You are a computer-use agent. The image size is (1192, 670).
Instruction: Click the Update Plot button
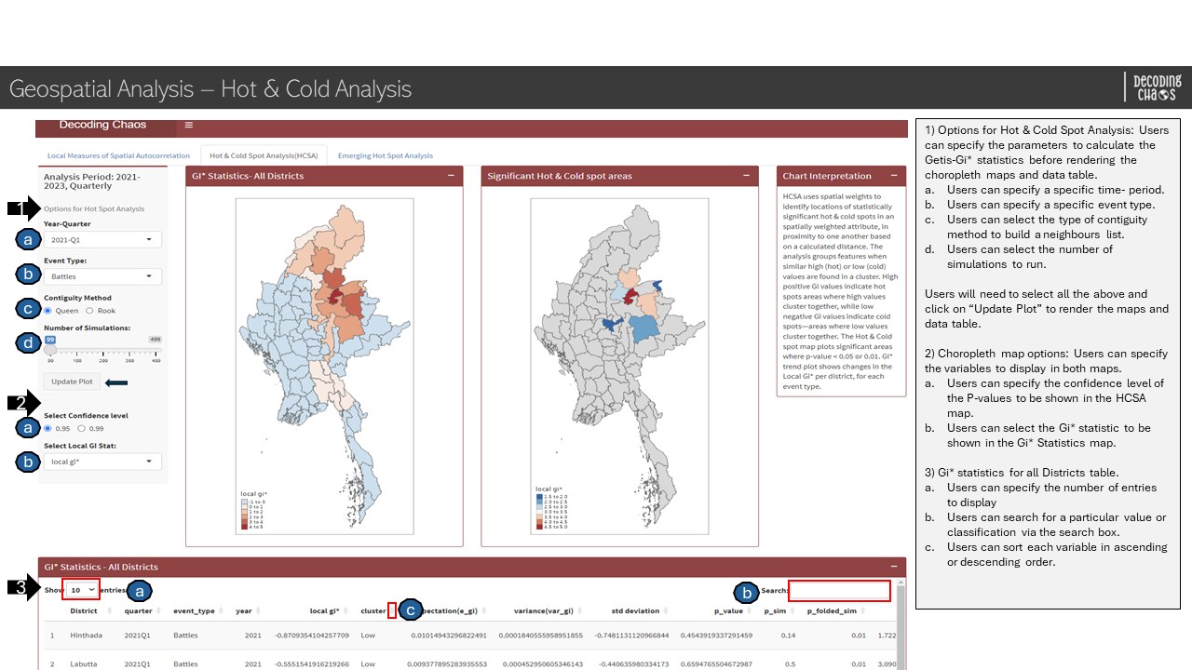click(72, 382)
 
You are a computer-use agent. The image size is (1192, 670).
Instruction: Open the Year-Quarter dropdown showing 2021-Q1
click(102, 240)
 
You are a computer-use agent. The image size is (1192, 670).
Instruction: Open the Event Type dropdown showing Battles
click(102, 276)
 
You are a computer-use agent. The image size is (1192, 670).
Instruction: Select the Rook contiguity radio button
click(89, 311)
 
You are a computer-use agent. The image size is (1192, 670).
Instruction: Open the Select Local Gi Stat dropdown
click(102, 462)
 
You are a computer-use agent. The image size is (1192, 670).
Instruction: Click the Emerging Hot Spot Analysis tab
click(385, 155)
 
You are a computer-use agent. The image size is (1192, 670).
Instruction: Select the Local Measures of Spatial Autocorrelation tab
click(118, 155)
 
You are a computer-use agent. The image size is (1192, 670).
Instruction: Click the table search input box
click(839, 590)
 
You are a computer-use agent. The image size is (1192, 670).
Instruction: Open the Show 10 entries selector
click(82, 590)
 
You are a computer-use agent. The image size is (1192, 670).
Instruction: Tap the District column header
click(84, 611)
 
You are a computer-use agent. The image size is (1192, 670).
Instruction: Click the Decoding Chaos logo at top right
click(1156, 87)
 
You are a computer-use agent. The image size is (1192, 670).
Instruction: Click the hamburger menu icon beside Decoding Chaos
click(188, 125)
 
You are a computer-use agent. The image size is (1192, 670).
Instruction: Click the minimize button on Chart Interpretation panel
click(894, 175)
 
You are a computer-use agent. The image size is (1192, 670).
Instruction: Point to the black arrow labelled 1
click(23, 208)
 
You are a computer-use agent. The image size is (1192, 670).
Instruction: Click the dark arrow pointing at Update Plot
click(116, 382)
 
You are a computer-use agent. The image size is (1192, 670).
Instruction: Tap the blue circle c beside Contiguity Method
click(28, 307)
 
